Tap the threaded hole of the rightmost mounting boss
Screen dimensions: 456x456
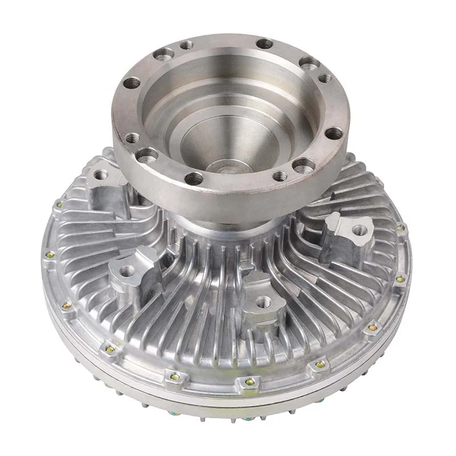359,231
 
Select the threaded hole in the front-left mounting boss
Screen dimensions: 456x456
128,270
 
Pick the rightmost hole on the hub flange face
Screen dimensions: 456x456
335,133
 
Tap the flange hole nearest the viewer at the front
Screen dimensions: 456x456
194,178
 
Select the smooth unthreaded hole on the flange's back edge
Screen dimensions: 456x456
264,44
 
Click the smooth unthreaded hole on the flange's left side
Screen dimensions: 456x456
132,83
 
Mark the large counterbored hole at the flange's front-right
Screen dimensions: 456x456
300,166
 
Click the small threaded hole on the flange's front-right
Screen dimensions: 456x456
279,176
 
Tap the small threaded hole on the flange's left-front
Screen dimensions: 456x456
133,137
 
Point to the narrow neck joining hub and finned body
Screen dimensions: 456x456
239,225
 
